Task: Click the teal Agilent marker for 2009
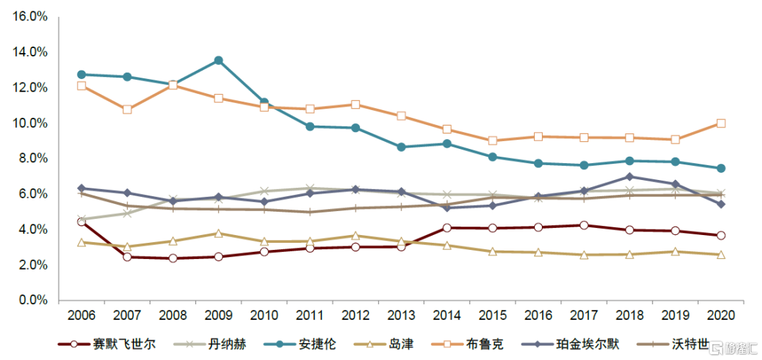(x=219, y=61)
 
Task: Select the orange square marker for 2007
(x=127, y=109)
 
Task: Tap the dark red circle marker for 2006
(x=81, y=222)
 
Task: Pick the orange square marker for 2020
(x=721, y=123)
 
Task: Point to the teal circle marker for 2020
(x=721, y=168)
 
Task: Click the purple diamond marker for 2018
(x=629, y=176)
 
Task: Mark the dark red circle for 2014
(x=447, y=227)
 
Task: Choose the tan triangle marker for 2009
(x=219, y=233)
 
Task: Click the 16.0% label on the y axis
(x=29, y=16)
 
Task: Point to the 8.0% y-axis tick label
(x=32, y=159)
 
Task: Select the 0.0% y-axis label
(x=32, y=301)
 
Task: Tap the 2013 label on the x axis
(x=401, y=315)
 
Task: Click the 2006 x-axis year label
(x=81, y=315)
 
